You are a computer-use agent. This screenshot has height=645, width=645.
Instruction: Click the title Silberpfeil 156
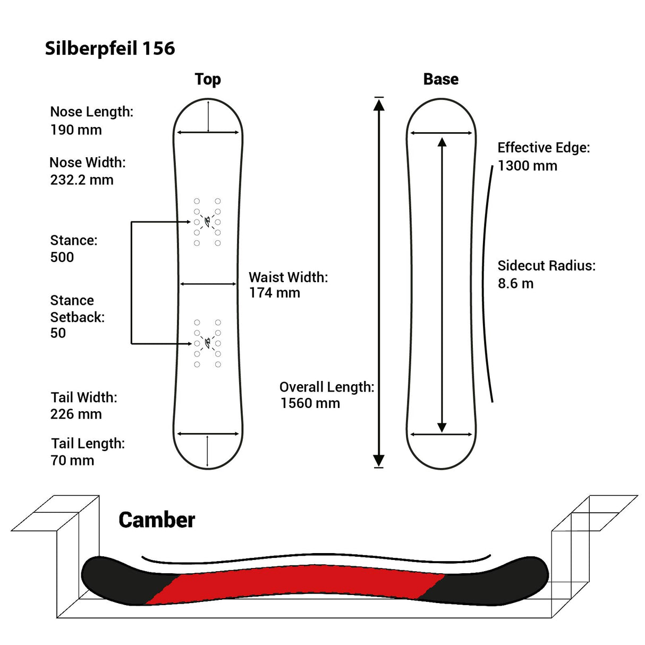click(110, 48)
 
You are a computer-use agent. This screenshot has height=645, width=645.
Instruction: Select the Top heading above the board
click(208, 79)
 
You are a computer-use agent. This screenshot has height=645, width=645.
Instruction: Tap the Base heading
click(440, 79)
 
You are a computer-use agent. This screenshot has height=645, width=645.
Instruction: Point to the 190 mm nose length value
click(76, 130)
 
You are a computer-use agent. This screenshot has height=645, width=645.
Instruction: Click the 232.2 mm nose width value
click(82, 180)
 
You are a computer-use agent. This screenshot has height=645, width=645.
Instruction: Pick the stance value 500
click(62, 257)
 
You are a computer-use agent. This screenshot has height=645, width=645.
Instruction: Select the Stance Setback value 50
click(58, 333)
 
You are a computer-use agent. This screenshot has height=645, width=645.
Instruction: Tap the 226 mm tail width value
click(76, 414)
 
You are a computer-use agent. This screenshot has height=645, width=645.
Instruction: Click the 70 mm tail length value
click(72, 460)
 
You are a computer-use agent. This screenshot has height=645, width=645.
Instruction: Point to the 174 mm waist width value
click(275, 293)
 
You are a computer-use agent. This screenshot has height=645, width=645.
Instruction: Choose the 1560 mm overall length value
click(310, 403)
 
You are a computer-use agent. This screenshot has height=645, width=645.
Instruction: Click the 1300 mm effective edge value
click(528, 166)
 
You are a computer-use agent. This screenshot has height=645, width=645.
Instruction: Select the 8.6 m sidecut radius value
click(515, 283)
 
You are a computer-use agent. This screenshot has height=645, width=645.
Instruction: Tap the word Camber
click(157, 520)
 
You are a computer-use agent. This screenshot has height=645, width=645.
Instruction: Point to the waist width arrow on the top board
click(208, 284)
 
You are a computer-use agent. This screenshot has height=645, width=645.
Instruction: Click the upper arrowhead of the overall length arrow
click(379, 105)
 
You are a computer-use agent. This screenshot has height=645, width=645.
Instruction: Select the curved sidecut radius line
click(485, 282)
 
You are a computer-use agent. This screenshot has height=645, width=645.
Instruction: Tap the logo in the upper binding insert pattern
click(207, 220)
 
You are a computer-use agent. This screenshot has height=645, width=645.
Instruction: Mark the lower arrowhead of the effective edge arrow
click(442, 427)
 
